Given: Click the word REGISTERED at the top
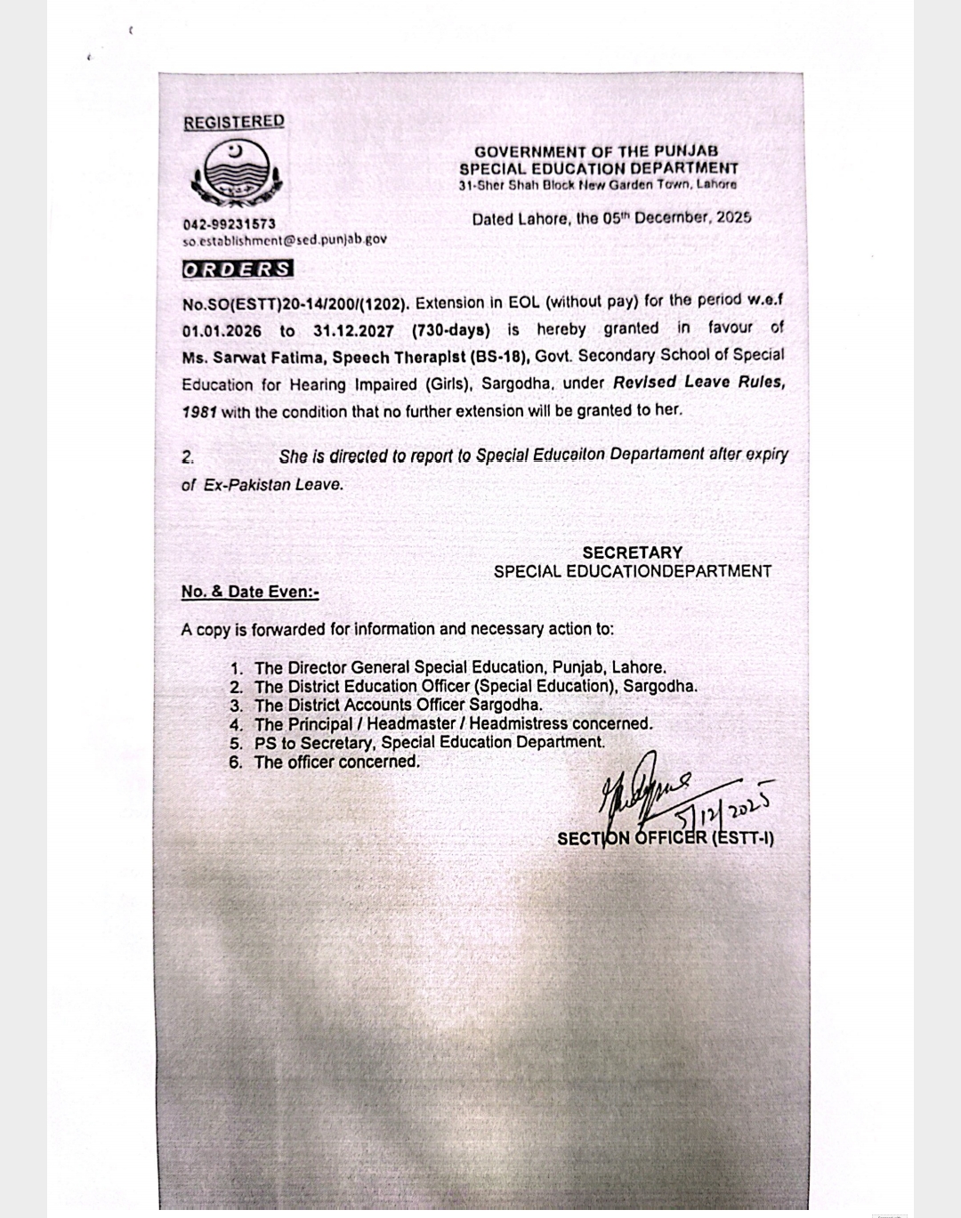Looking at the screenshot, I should pos(234,122).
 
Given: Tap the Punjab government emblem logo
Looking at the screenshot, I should pos(235,172).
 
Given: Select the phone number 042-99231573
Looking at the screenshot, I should pos(230,224).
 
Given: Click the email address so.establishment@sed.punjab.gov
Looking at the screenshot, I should pos(285,239).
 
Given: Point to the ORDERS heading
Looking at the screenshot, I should pos(238,269).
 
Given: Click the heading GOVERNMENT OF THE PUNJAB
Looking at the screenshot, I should pos(596,152).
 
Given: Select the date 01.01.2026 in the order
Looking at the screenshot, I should pos(222,331).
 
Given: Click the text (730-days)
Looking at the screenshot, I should pos(451,330).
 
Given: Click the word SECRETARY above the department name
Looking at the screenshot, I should pos(632,553).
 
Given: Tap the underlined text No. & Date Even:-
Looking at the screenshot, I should pos(250,592).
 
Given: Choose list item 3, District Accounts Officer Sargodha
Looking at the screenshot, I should pos(398,705).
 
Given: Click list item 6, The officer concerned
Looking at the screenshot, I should pos(336,762).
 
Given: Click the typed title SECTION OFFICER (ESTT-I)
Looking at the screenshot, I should pos(665,838).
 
